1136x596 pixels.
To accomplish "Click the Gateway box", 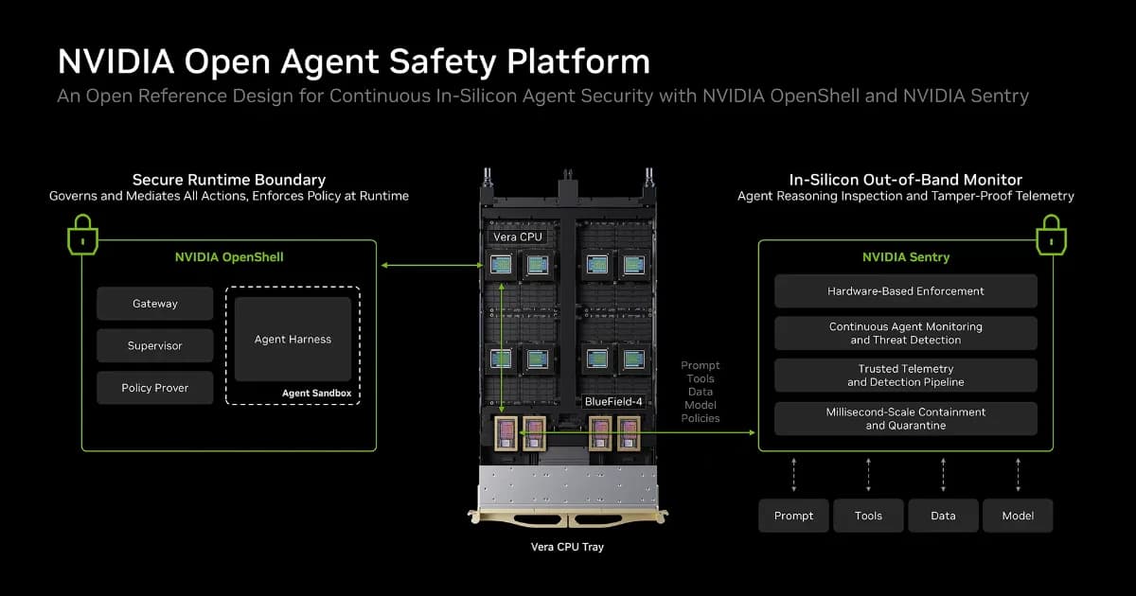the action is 154,304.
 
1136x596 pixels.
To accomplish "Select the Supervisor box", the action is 154,345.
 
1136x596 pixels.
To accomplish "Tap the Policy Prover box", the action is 154,388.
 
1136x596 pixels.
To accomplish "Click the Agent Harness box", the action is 293,339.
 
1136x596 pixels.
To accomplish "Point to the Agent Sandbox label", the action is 316,393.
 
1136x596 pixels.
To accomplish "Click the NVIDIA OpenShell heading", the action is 229,257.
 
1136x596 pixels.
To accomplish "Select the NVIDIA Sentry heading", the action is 906,257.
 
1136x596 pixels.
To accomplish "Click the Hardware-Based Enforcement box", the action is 906,291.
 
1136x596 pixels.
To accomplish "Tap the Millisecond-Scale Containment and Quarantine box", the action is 906,418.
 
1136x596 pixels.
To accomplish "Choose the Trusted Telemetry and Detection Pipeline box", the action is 906,376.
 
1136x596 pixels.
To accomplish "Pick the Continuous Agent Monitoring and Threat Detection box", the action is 906,333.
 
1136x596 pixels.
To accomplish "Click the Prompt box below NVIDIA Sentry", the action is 793,516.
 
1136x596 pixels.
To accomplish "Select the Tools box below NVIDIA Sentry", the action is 868,516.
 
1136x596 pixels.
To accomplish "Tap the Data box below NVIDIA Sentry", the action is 943,516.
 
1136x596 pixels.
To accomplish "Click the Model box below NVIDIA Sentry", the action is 1018,516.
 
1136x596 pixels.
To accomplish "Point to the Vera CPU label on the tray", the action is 517,237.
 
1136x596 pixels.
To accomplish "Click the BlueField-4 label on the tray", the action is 613,401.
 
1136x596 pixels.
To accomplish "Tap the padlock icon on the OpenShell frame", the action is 82,235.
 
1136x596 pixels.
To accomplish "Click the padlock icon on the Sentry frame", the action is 1052,235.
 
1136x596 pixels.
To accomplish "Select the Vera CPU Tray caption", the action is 567,547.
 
